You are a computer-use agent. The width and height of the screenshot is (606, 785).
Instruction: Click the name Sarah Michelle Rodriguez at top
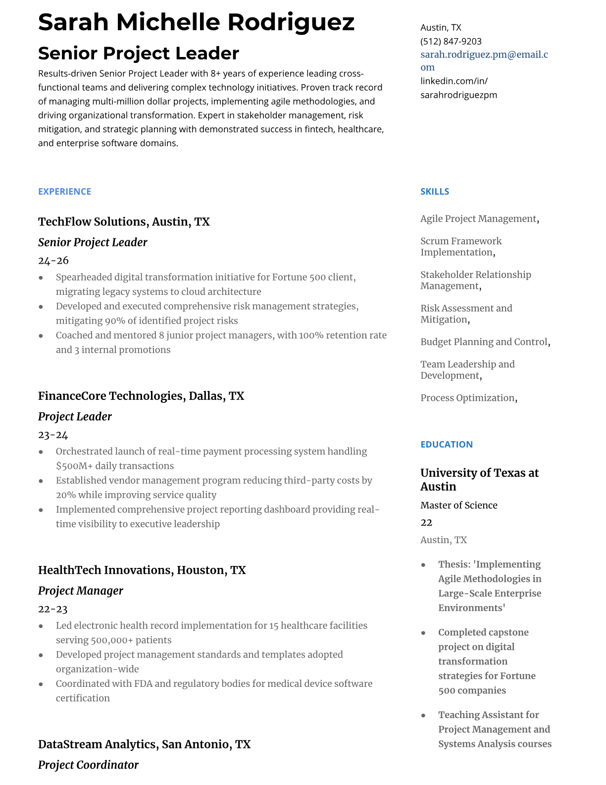pos(196,22)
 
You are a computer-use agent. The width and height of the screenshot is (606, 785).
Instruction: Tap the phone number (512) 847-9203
pos(451,42)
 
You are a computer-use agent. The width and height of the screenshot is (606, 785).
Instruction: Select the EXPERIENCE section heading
pos(64,192)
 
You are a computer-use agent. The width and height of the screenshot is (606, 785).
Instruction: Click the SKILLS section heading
pos(434,192)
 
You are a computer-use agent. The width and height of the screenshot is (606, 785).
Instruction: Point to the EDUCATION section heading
pos(446,445)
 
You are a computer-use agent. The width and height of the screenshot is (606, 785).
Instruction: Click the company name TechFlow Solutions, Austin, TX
pos(124,222)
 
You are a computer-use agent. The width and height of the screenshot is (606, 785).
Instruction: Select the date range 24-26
pos(53,261)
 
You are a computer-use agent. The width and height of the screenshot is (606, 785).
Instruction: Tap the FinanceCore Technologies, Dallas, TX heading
pos(141,396)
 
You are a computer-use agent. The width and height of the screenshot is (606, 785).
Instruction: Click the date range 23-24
pos(53,435)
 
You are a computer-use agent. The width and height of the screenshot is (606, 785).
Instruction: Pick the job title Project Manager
pos(80,591)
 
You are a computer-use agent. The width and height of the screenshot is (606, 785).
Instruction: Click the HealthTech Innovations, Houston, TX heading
pos(142,570)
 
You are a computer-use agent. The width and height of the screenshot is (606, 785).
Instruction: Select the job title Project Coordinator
pos(88,765)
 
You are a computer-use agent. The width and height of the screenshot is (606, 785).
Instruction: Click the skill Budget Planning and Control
pos(484,342)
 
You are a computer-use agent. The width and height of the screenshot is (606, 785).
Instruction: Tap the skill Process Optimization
pos(467,398)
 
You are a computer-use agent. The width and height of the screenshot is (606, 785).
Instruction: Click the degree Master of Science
pos(458,505)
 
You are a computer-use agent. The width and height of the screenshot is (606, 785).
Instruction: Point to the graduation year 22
pos(426,523)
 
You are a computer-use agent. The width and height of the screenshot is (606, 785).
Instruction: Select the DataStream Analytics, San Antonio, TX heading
pos(144,744)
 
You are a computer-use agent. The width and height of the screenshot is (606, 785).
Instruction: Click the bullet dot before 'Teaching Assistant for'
pos(423,716)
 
